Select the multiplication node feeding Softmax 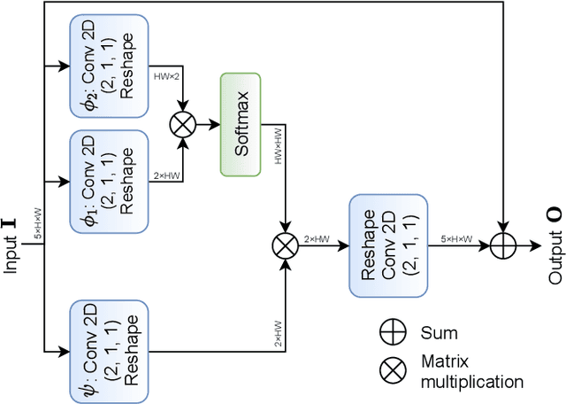click(183, 125)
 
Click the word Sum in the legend click(440, 334)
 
